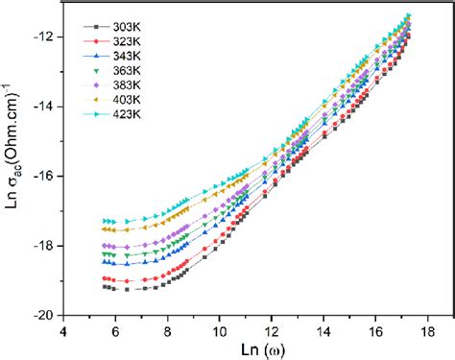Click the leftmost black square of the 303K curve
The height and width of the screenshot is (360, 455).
click(104, 286)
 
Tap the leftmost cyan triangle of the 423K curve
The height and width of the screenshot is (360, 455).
click(105, 221)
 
